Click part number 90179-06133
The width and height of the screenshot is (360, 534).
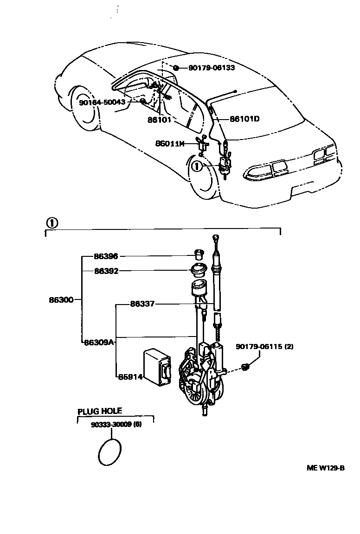coord(212,68)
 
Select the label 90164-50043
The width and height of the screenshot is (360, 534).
coord(102,102)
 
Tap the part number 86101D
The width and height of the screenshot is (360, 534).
coord(244,119)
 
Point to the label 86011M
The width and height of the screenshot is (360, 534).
coord(170,144)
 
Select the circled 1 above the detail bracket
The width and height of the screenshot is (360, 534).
coord(51,222)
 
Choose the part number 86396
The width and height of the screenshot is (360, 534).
coord(106,256)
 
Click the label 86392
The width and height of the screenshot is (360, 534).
coord(106,271)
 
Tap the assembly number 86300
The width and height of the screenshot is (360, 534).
coord(61,300)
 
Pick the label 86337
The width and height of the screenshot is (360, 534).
coord(142,304)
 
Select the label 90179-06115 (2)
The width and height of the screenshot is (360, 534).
coord(264,347)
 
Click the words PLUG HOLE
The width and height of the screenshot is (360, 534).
coord(100,411)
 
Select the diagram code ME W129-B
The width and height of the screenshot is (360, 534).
coord(325,468)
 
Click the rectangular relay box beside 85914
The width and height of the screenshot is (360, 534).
coord(157,366)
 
